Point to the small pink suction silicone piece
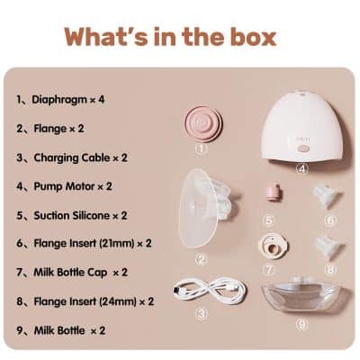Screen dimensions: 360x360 pyautogui.click(x=269, y=193)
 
